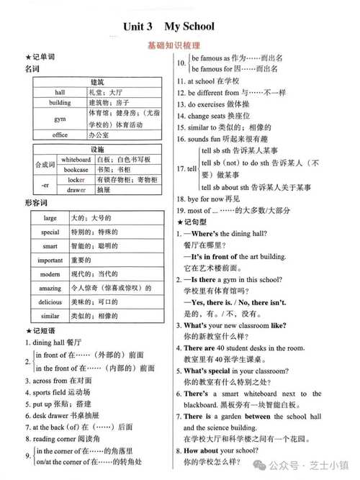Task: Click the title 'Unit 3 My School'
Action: click(168, 27)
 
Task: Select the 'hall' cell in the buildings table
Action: click(60, 92)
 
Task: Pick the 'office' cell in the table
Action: click(60, 135)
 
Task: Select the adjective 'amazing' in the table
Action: click(50, 288)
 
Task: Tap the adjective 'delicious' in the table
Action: click(50, 302)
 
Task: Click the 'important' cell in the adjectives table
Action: click(50, 260)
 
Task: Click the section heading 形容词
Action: click(35, 204)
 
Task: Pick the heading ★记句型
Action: click(194, 222)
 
